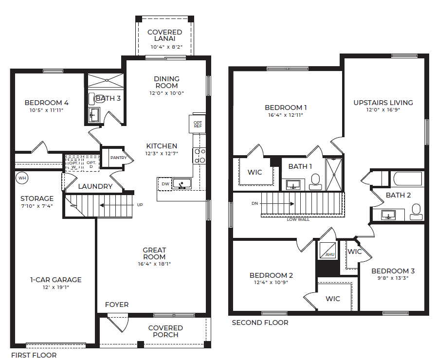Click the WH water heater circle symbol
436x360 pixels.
[22, 178]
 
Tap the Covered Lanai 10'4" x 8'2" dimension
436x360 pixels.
[166, 47]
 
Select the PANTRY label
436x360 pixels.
[118, 158]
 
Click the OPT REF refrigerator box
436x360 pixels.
[198, 124]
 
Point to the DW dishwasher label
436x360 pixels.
[165, 184]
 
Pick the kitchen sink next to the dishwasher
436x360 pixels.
[182, 184]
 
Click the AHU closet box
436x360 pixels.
[327, 250]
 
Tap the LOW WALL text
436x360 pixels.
[298, 219]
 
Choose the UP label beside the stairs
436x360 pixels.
[140, 205]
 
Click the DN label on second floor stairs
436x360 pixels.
[254, 203]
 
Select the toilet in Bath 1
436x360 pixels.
[315, 182]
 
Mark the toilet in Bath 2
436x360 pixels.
[416, 212]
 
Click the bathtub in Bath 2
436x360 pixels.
[408, 179]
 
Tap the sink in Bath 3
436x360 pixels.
[94, 115]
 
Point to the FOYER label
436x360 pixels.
[117, 305]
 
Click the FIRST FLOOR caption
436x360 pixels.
[34, 355]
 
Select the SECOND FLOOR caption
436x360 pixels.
[260, 323]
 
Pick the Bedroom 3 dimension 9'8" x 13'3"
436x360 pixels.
[393, 278]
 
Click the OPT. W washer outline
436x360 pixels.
[73, 164]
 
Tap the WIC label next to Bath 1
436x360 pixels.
[254, 172]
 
